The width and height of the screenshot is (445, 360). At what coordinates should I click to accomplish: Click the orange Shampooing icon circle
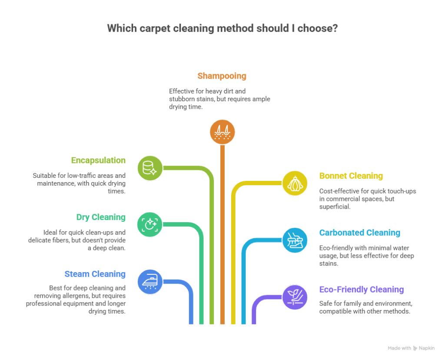click(222, 132)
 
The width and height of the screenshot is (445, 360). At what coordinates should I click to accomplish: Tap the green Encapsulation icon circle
click(150, 167)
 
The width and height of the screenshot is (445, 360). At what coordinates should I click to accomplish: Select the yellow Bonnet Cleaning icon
click(295, 183)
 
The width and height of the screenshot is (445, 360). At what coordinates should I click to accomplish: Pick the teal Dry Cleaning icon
click(150, 224)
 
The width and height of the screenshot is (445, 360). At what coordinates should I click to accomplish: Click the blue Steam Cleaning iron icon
click(150, 282)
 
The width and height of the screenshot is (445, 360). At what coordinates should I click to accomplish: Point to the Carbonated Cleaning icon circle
click(295, 240)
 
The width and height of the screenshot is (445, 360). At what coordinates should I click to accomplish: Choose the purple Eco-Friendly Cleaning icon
click(295, 297)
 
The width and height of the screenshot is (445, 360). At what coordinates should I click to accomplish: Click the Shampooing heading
click(222, 76)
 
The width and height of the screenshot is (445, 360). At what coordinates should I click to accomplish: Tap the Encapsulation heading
click(98, 160)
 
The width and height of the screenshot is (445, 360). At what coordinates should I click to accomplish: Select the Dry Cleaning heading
click(101, 217)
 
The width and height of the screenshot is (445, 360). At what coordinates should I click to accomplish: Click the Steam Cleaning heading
click(95, 274)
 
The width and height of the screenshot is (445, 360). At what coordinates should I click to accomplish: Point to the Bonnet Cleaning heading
click(351, 176)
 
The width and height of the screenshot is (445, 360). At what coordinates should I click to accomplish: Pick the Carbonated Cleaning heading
click(360, 233)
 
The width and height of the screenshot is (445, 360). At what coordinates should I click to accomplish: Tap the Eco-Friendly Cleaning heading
click(362, 290)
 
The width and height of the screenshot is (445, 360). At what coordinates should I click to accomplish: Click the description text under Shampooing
click(219, 99)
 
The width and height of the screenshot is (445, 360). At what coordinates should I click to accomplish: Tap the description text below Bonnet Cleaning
click(368, 199)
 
